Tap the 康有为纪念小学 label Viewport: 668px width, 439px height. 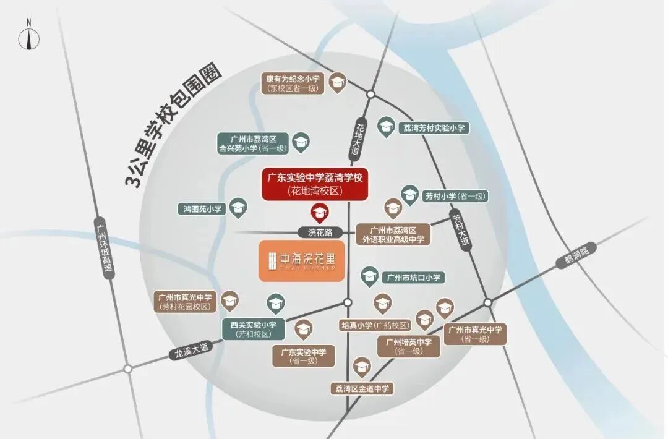pyautogui.click(x=293, y=83)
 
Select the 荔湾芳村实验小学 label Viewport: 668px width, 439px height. pyautogui.click(x=434, y=128)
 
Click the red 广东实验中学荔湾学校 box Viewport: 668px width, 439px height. pyautogui.click(x=315, y=184)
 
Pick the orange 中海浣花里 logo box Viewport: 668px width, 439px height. pyautogui.click(x=301, y=261)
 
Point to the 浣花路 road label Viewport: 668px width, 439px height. pyautogui.click(x=320, y=232)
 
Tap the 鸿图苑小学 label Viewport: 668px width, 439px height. pyautogui.click(x=202, y=210)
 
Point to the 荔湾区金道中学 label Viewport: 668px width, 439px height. pyautogui.click(x=362, y=389)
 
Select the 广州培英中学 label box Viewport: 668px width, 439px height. pyautogui.click(x=409, y=346)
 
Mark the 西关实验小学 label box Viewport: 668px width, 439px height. pyautogui.click(x=253, y=329)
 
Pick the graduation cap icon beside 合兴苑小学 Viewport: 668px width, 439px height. pyautogui.click(x=301, y=142)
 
